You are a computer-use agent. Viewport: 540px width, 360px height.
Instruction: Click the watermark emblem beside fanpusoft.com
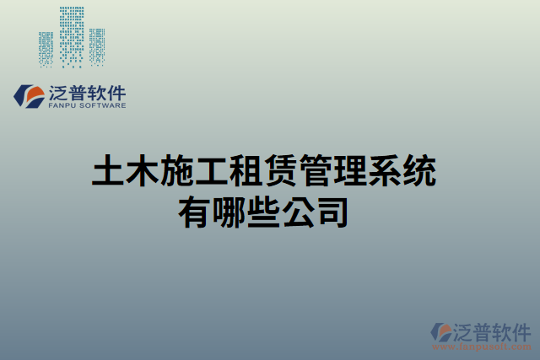(443, 333)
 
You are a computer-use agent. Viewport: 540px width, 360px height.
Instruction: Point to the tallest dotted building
(72, 35)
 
